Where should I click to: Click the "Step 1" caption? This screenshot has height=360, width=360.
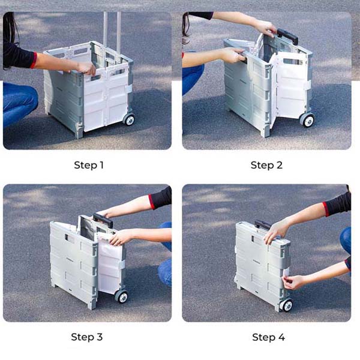(89, 166)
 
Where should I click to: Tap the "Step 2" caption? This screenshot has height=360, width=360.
(266, 165)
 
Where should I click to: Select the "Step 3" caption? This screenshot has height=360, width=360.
(87, 337)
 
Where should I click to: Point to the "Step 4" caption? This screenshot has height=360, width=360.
(268, 337)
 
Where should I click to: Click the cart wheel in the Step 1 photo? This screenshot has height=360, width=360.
(129, 119)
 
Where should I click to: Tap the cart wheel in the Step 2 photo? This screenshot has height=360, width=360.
(307, 120)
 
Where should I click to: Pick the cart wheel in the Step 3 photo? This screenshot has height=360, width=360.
(121, 296)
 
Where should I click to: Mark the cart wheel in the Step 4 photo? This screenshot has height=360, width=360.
(286, 305)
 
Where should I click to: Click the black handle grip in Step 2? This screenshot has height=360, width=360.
(287, 36)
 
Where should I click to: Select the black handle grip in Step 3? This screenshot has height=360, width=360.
(103, 220)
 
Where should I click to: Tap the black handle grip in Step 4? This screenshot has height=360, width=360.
(262, 225)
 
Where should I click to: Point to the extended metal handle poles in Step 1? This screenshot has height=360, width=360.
(112, 37)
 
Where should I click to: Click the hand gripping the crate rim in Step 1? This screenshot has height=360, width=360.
(86, 68)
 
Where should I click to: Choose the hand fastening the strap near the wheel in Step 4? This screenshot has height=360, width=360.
(293, 282)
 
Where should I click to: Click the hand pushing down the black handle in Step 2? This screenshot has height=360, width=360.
(266, 28)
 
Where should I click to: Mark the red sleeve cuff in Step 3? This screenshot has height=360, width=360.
(152, 202)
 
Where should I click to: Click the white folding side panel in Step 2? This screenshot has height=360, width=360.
(290, 86)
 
